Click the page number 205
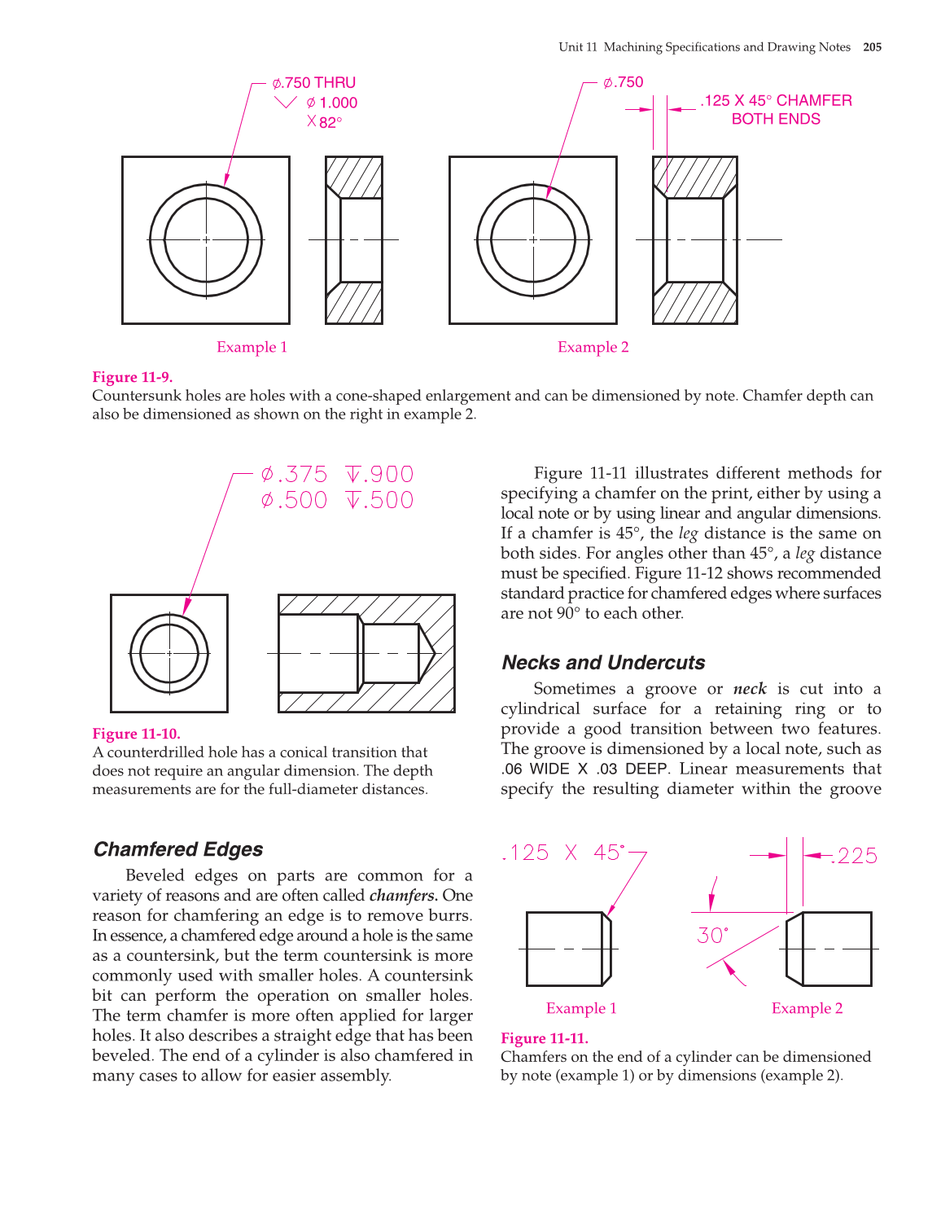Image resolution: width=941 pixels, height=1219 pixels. click(x=872, y=47)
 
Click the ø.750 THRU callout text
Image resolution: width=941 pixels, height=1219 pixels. click(x=314, y=83)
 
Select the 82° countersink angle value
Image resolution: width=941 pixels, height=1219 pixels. click(x=330, y=123)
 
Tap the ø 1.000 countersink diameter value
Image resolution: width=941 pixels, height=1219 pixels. click(x=332, y=103)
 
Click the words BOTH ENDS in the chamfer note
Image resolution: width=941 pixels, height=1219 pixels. click(x=776, y=119)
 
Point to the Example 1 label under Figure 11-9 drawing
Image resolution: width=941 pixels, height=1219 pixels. click(x=252, y=348)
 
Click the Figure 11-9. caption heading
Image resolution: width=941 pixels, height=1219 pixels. click(x=132, y=377)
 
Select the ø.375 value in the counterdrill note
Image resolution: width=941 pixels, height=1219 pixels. click(x=294, y=475)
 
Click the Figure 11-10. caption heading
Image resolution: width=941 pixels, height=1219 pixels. click(x=136, y=734)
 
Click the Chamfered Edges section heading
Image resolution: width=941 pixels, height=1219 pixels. click(x=178, y=849)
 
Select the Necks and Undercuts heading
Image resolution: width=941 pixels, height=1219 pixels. click(x=603, y=663)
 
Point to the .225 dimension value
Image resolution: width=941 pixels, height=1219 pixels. click(x=856, y=856)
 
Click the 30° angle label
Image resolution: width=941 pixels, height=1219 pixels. click(x=712, y=936)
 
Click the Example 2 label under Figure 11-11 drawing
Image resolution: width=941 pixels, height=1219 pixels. click(x=807, y=1009)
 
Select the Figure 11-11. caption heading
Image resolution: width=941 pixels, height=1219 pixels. click(x=544, y=1038)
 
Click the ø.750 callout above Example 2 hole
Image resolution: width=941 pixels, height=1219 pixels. click(x=623, y=82)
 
